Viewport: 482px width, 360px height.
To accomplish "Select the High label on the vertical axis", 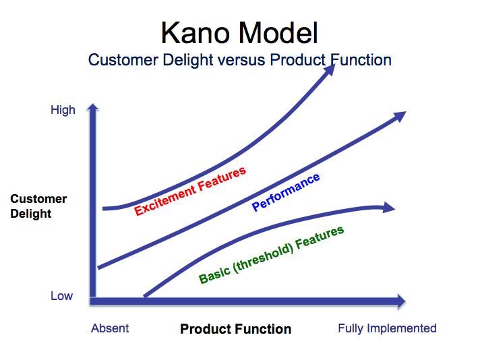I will pyautogui.click(x=63, y=110).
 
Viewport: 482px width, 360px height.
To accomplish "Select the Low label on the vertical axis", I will pyautogui.click(x=61, y=296).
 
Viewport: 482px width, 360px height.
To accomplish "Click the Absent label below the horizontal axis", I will pyautogui.click(x=110, y=328).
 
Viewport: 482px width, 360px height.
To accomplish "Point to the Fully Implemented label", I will pyautogui.click(x=387, y=328).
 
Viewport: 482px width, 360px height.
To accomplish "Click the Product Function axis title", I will pyautogui.click(x=235, y=329).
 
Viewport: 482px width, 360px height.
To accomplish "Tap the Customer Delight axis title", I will pyautogui.click(x=38, y=206).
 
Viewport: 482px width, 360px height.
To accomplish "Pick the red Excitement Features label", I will pyautogui.click(x=190, y=191).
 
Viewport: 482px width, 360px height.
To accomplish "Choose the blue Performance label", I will pyautogui.click(x=286, y=193).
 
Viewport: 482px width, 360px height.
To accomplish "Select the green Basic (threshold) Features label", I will pyautogui.click(x=271, y=255).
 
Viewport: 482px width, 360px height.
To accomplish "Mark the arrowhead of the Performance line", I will pyautogui.click(x=400, y=116).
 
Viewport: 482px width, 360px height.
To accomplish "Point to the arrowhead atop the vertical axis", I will pyautogui.click(x=93, y=109).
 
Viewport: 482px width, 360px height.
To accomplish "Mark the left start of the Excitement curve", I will pyautogui.click(x=105, y=208).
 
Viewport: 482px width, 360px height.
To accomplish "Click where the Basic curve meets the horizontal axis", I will pyautogui.click(x=144, y=297).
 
